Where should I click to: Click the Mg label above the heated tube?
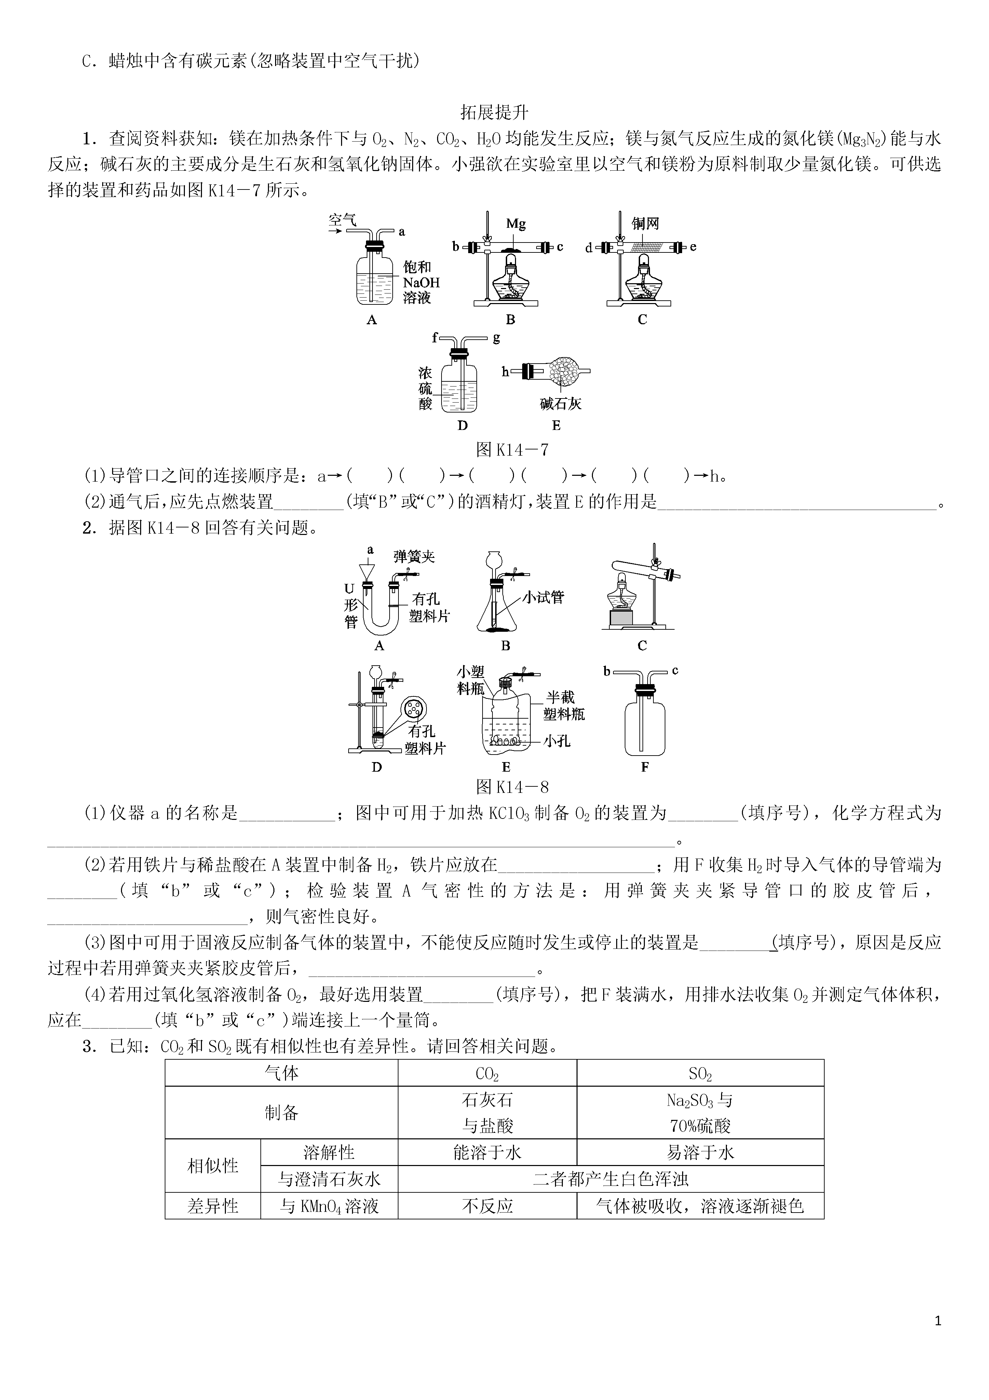pyautogui.click(x=516, y=224)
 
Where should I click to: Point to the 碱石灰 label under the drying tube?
pyautogui.click(x=560, y=404)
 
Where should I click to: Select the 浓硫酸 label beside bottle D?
pyautogui.click(x=425, y=388)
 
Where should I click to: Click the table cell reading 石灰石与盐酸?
pyautogui.click(x=487, y=1113)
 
